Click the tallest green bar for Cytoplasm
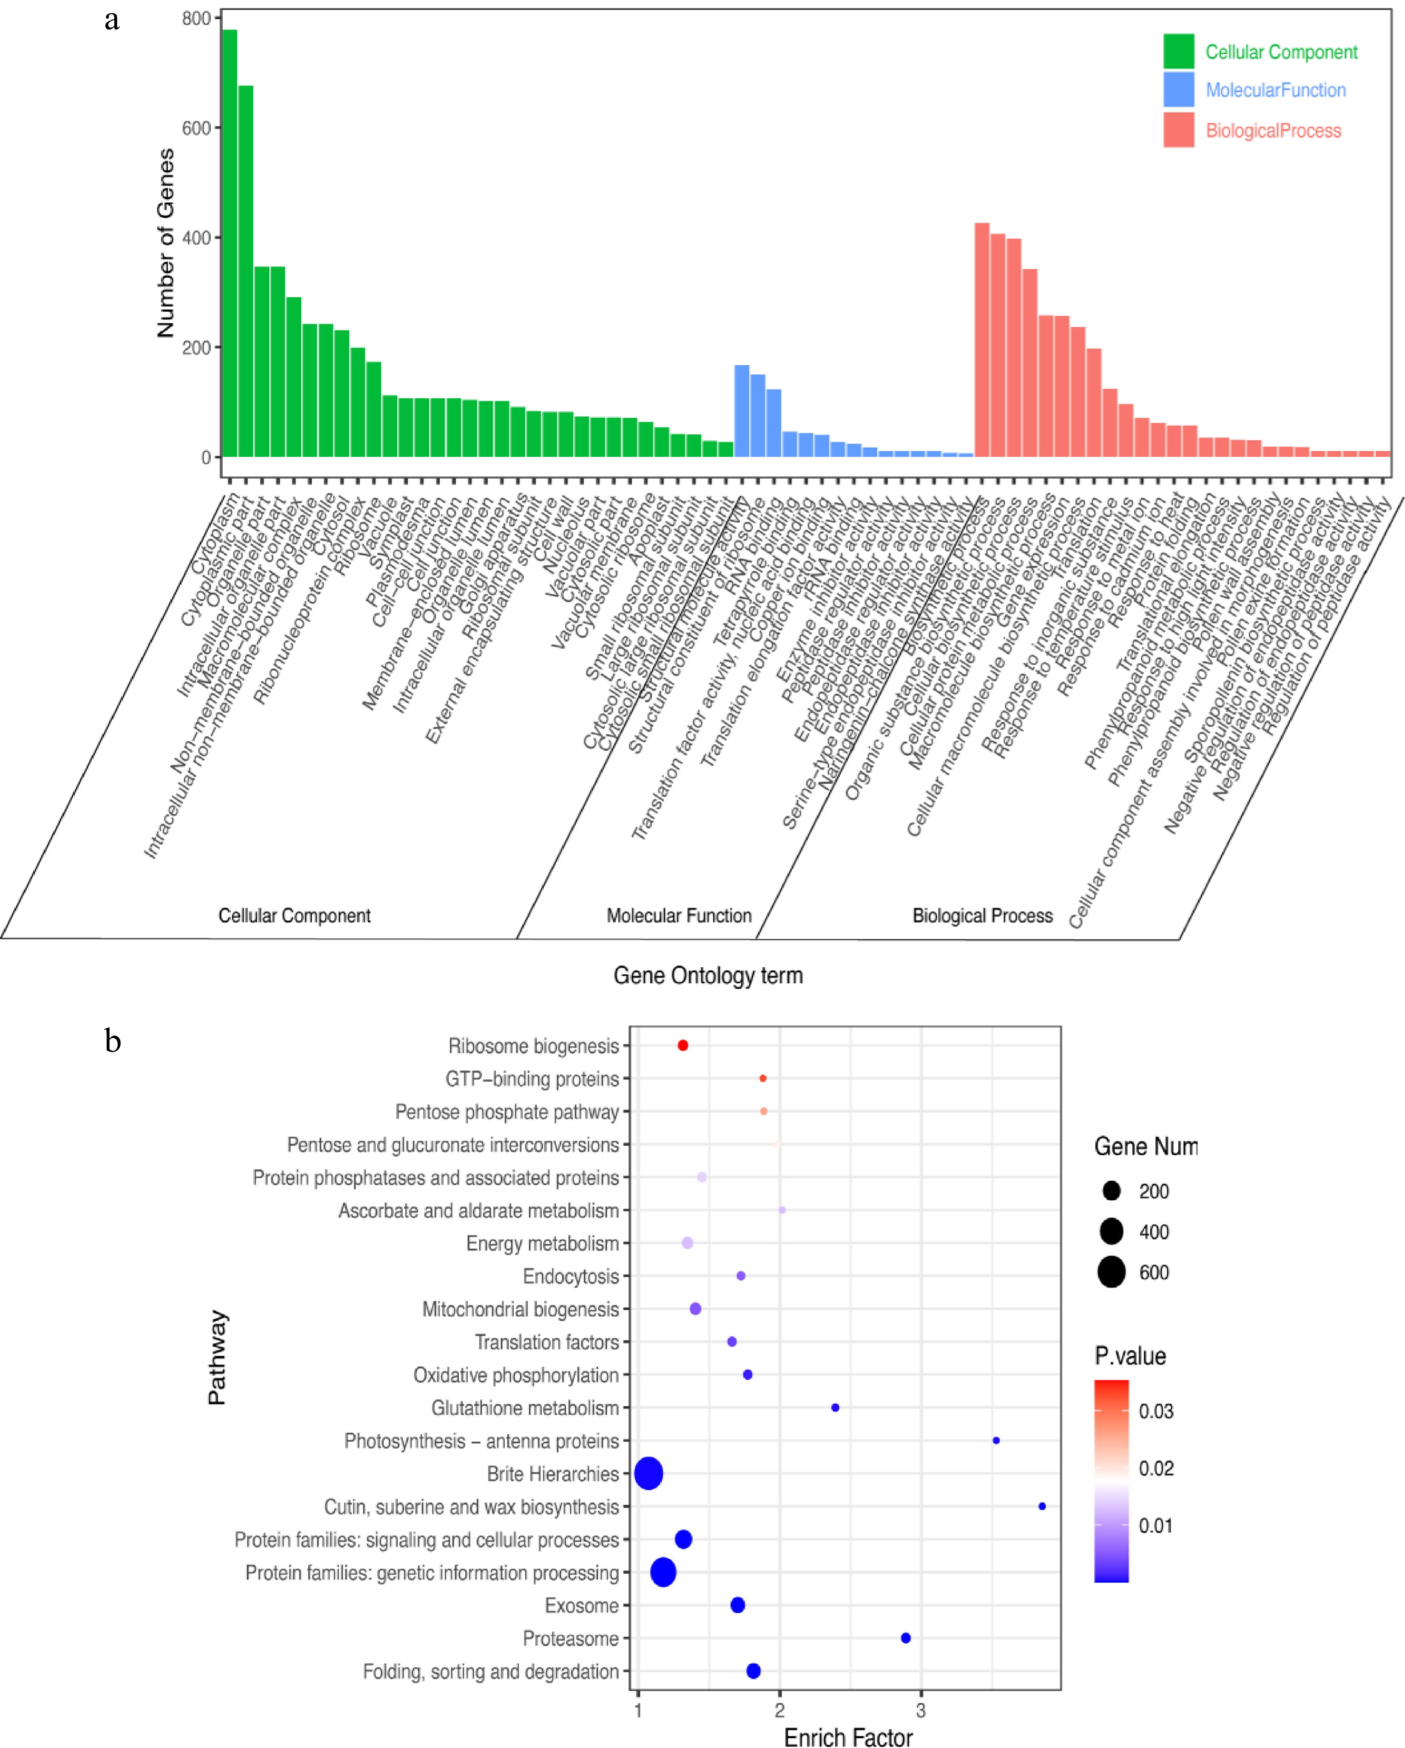pyautogui.click(x=229, y=243)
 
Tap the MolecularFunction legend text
pyautogui.click(x=1275, y=90)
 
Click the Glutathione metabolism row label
pyautogui.click(x=525, y=1408)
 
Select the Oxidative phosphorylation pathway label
pyautogui.click(x=516, y=1375)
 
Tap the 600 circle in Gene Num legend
pyautogui.click(x=1111, y=1272)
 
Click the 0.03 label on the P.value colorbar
pyautogui.click(x=1156, y=1412)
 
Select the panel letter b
pyautogui.click(x=113, y=1041)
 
